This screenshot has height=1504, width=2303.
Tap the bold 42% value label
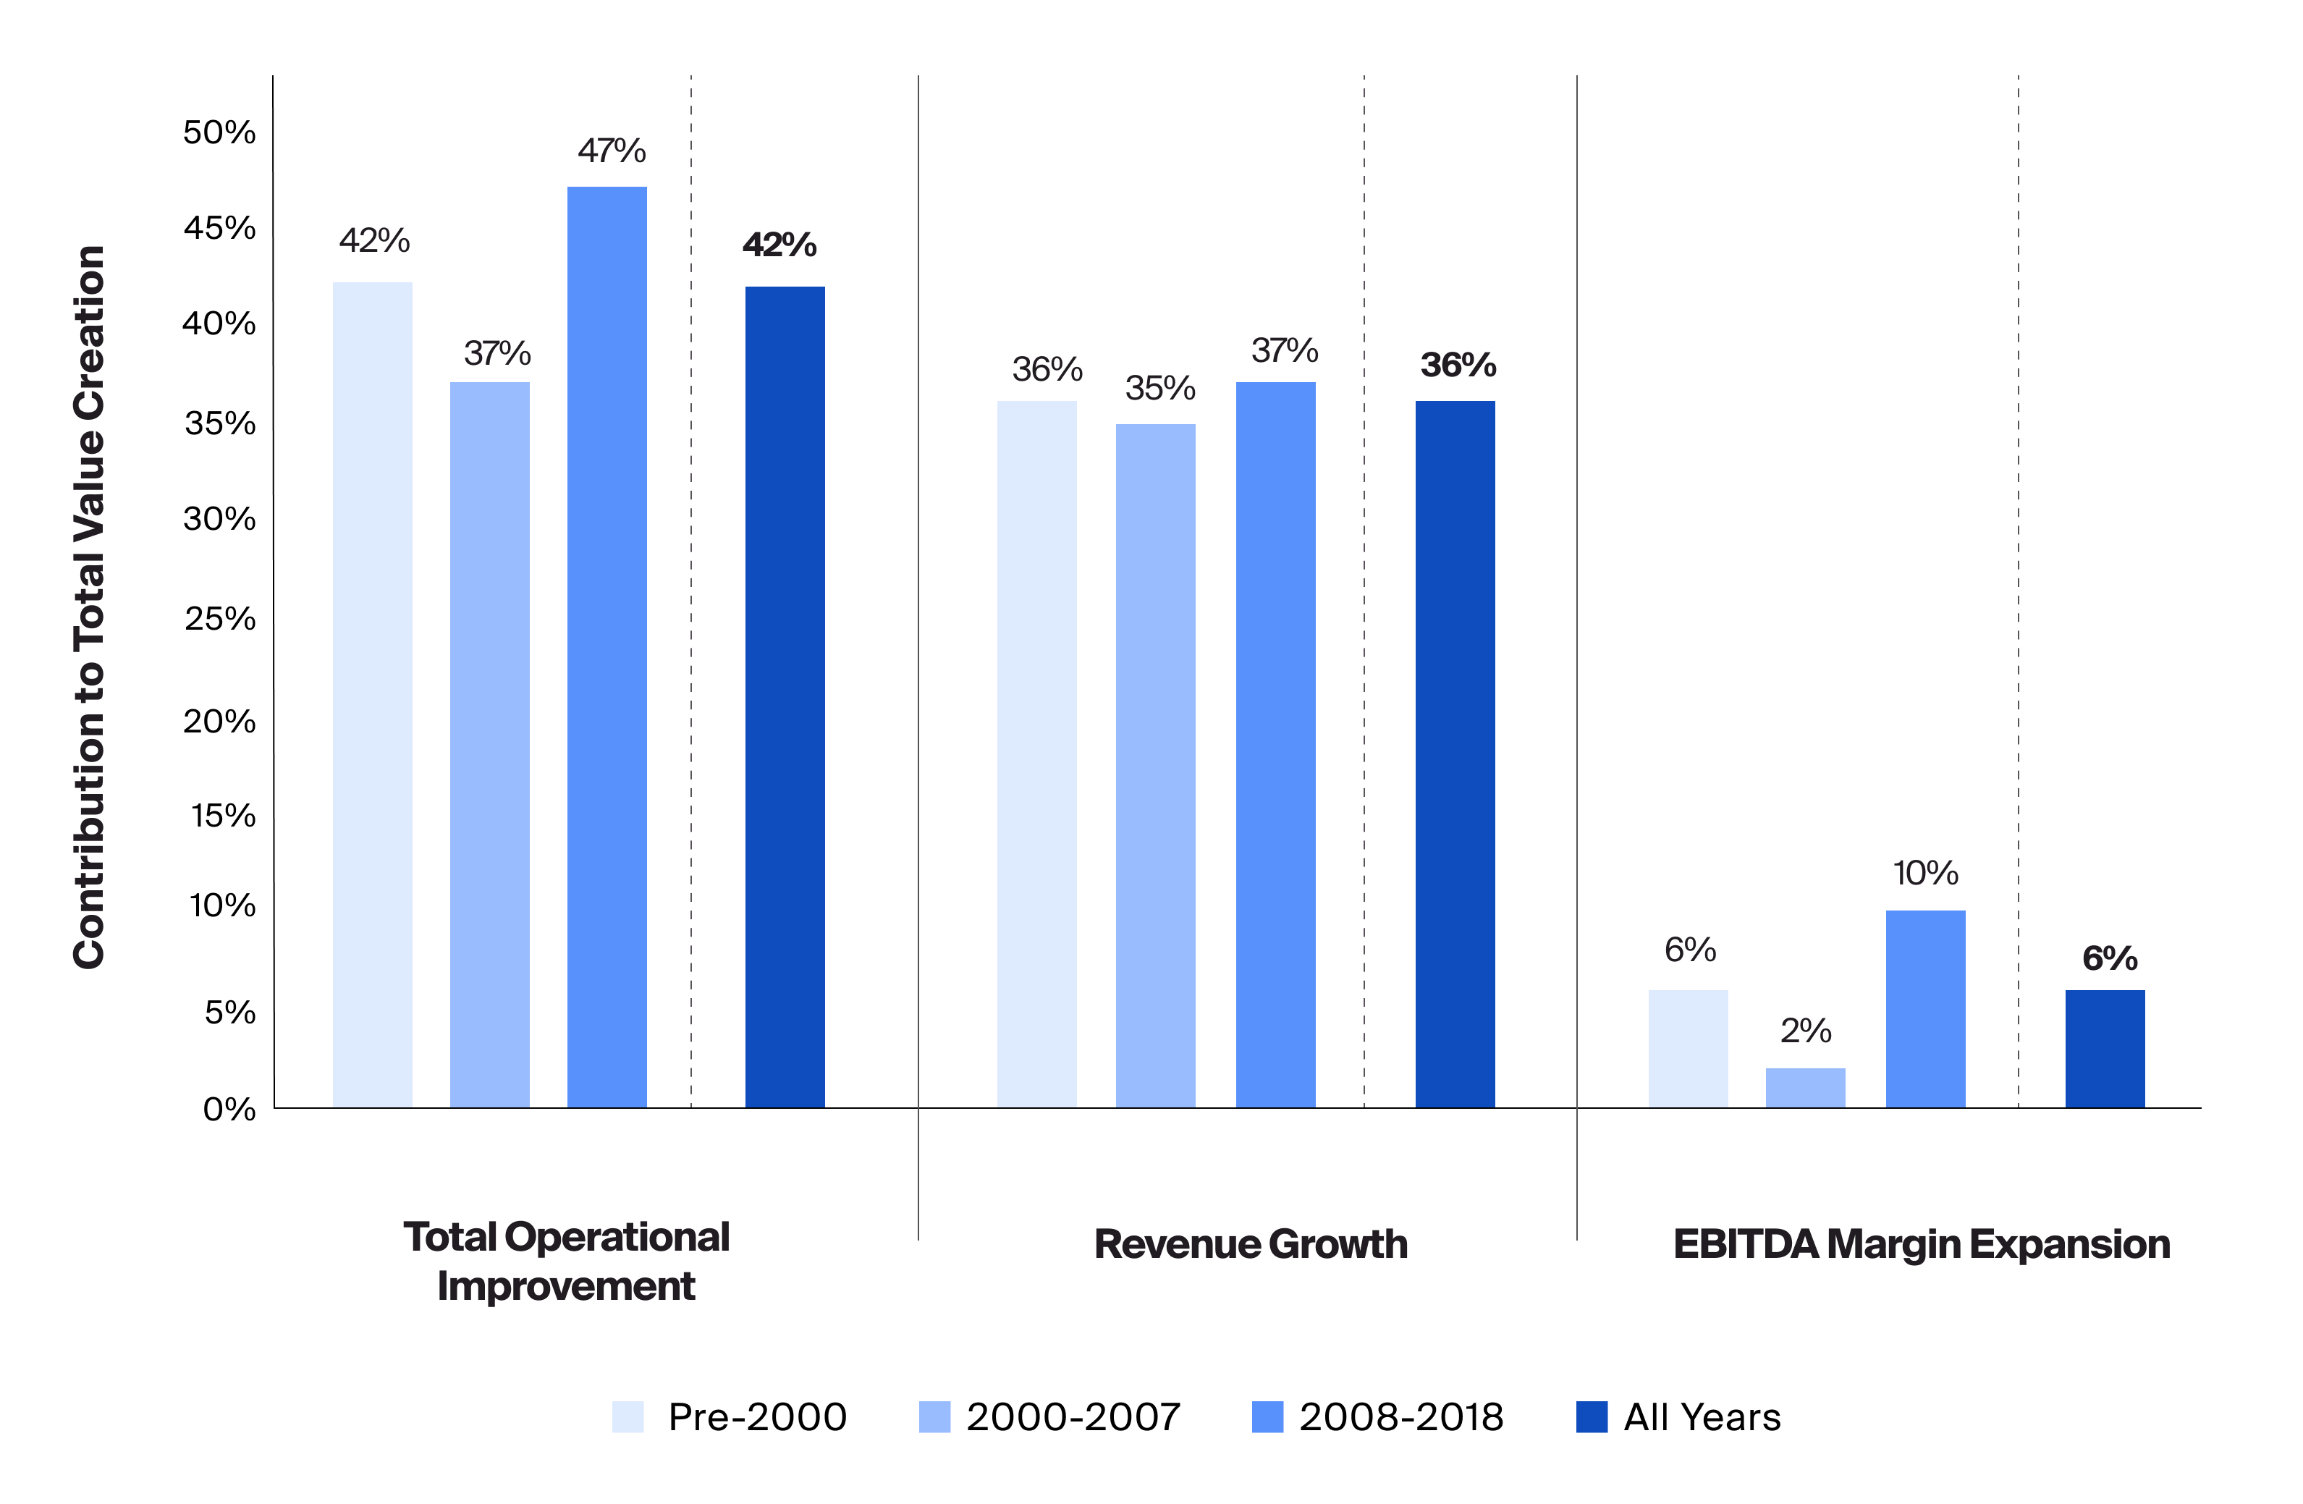(x=779, y=245)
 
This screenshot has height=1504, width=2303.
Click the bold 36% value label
(x=1457, y=366)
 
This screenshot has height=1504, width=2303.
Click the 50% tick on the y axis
(x=219, y=132)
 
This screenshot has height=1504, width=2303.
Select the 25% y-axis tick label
(x=219, y=620)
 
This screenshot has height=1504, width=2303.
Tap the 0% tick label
(x=229, y=1109)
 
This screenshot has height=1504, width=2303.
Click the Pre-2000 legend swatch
(x=628, y=1417)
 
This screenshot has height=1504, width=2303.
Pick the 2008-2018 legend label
(x=1400, y=1417)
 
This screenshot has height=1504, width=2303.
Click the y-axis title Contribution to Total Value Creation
(x=89, y=607)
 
